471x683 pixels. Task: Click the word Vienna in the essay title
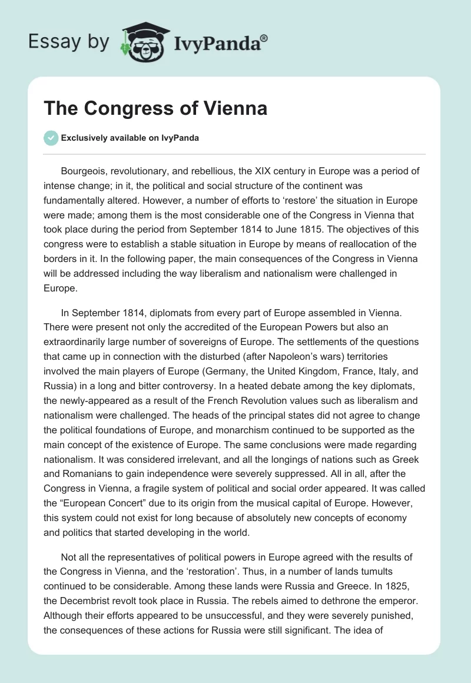point(238,108)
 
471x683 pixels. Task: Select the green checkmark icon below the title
point(51,138)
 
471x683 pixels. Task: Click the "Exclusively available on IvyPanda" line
point(130,138)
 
